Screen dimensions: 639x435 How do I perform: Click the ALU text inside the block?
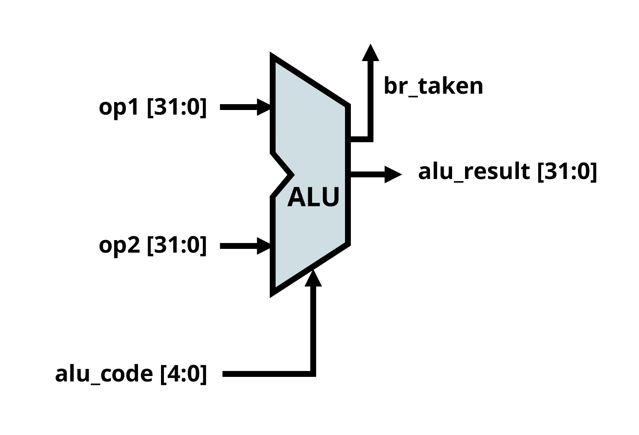click(313, 197)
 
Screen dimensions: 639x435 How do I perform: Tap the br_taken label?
click(433, 86)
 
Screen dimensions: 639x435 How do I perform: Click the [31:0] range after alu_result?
click(567, 172)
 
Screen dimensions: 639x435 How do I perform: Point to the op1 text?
click(119, 108)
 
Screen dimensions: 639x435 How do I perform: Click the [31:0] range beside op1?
click(177, 107)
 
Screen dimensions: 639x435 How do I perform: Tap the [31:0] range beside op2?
click(177, 246)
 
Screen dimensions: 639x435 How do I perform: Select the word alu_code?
click(104, 374)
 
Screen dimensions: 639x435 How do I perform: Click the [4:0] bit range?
click(184, 374)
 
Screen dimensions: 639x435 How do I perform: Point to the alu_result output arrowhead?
click(393, 174)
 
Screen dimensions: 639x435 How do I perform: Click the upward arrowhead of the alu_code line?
click(313, 278)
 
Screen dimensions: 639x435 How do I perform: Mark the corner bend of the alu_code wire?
click(313, 374)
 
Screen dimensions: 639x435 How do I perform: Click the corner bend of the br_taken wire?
click(370, 139)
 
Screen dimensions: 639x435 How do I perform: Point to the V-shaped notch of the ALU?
click(291, 174)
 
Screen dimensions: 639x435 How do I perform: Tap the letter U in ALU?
click(331, 197)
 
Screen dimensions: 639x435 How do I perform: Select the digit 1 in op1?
click(133, 107)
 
